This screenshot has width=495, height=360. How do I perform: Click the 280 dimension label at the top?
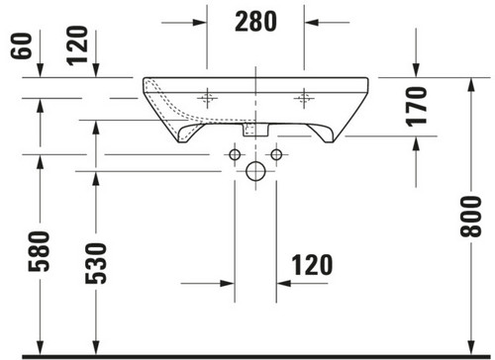point(255,22)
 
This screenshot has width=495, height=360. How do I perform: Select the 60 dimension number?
point(21,45)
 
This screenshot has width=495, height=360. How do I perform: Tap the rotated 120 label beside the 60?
point(77,45)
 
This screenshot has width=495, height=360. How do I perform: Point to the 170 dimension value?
point(416,107)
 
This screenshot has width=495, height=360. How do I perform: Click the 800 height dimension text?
point(471,217)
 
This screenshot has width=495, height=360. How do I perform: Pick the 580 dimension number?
point(39,251)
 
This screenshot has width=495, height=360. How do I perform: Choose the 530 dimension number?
point(96,263)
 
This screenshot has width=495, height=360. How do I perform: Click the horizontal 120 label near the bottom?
point(312,265)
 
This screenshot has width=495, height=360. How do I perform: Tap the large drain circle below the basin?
point(255,171)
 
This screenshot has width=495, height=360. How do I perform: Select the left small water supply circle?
point(235,154)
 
